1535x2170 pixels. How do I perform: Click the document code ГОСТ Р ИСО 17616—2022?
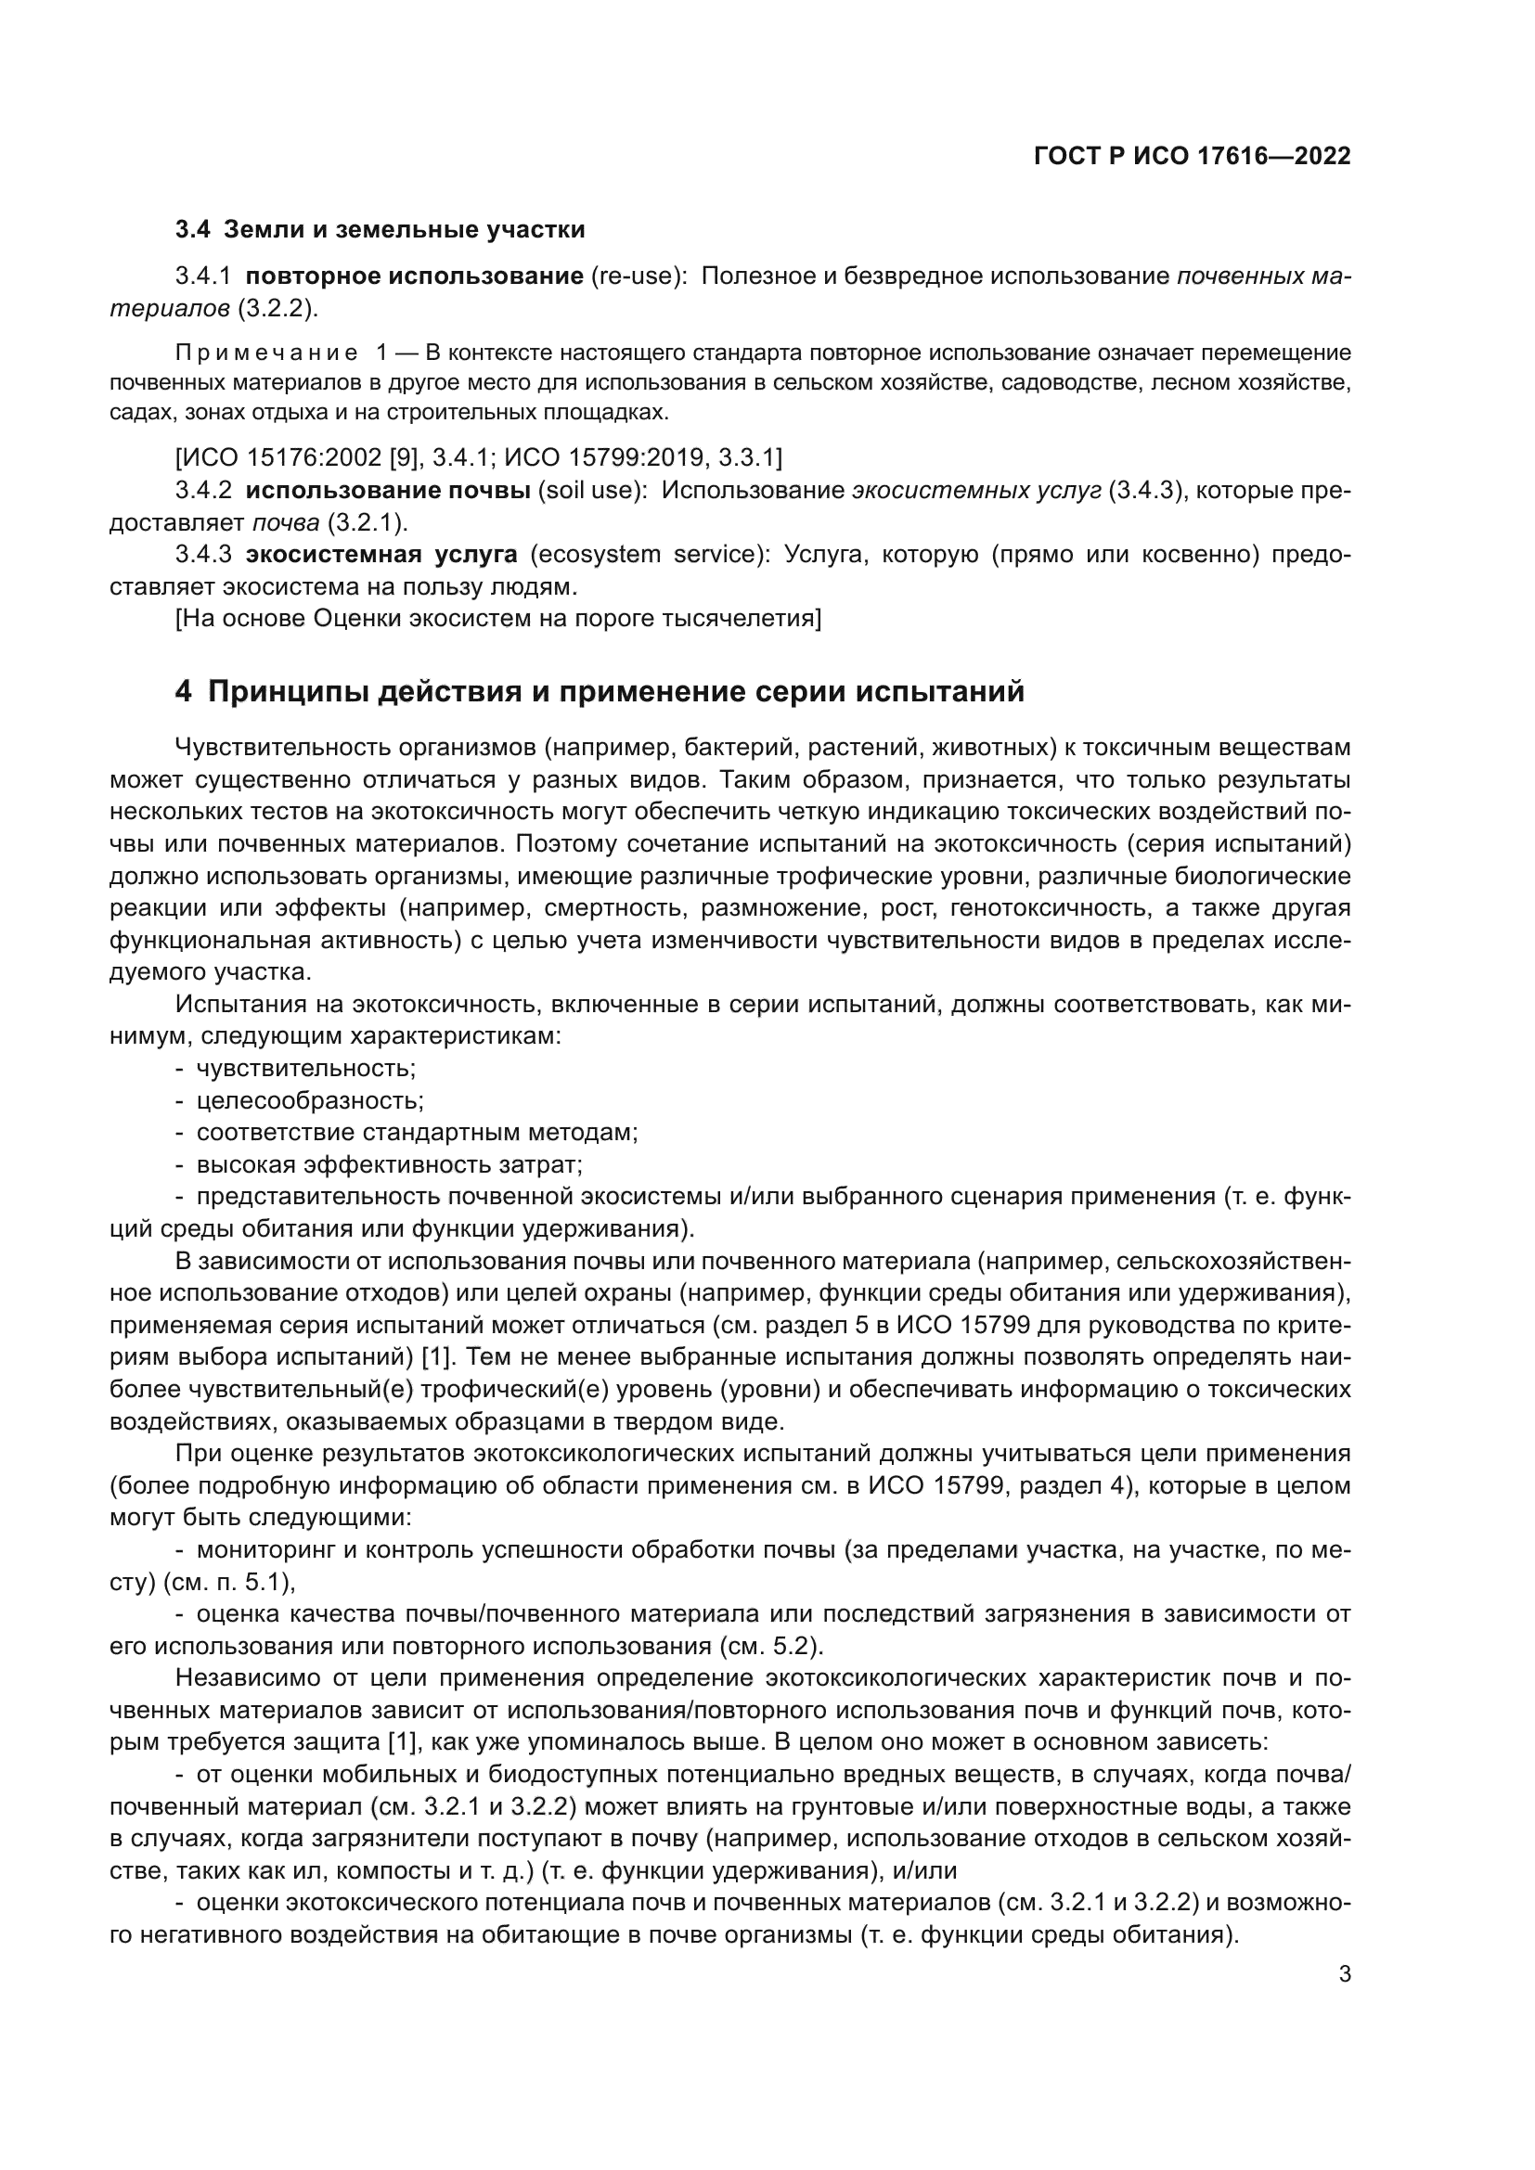pyautogui.click(x=1192, y=156)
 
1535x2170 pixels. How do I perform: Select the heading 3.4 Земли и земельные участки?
pyautogui.click(x=380, y=230)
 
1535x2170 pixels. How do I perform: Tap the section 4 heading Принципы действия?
pyautogui.click(x=600, y=692)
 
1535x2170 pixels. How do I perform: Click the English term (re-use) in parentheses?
pyautogui.click(x=638, y=276)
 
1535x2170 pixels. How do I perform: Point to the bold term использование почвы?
pyautogui.click(x=388, y=492)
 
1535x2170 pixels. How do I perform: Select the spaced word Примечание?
pyautogui.click(x=266, y=353)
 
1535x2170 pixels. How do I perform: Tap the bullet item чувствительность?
pyautogui.click(x=305, y=1069)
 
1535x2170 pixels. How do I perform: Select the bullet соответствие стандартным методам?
pyautogui.click(x=417, y=1132)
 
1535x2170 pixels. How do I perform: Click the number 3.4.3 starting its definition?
pyautogui.click(x=203, y=555)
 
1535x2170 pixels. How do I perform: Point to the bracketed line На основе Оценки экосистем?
pyautogui.click(x=498, y=618)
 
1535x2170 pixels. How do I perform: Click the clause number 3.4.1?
pyautogui.click(x=203, y=276)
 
